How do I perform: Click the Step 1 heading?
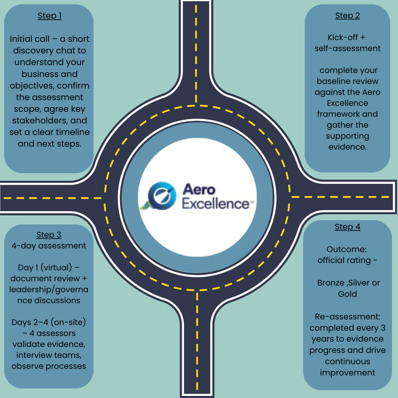[49, 16]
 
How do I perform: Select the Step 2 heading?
[347, 16]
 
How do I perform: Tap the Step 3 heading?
[49, 235]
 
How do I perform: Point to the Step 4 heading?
[347, 227]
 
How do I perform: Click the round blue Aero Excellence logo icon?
[162, 196]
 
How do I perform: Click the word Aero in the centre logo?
[199, 189]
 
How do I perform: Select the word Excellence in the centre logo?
[216, 204]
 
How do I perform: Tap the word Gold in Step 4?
[347, 294]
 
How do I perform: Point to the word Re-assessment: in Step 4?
[347, 317]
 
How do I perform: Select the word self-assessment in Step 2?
[347, 48]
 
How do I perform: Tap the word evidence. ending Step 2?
[347, 147]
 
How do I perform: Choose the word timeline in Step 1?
[73, 132]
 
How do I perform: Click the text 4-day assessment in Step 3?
[49, 246]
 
